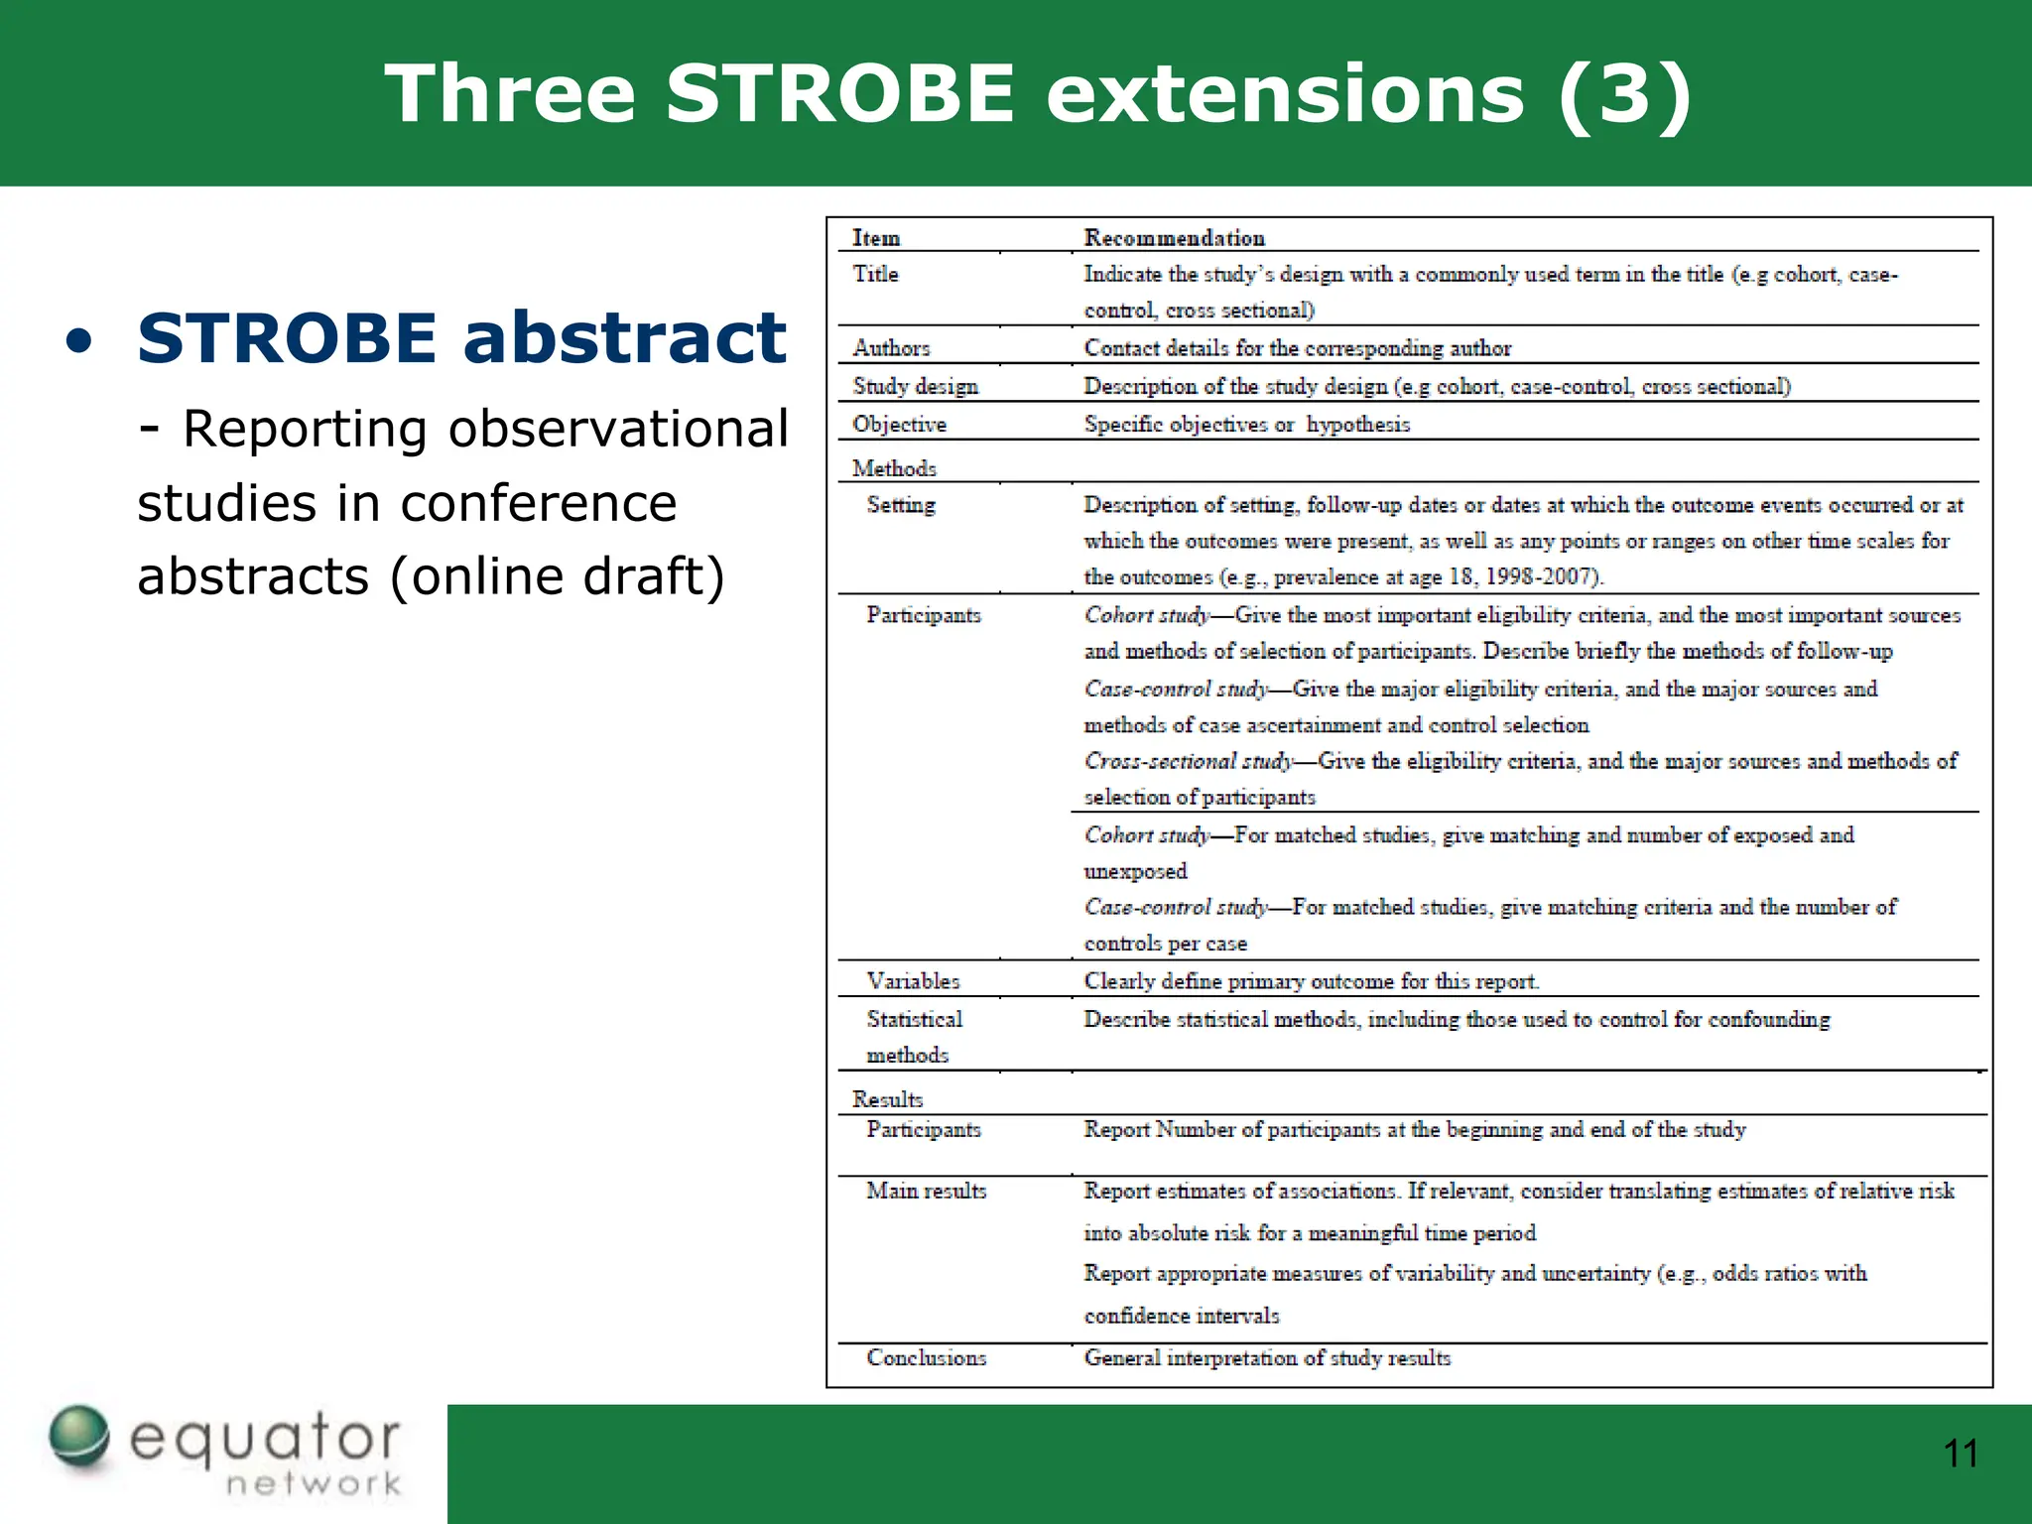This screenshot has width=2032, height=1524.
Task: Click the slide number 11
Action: point(1961,1455)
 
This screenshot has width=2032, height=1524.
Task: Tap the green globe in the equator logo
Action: point(79,1436)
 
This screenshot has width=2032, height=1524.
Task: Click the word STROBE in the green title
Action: point(840,94)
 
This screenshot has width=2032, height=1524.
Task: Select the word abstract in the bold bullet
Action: point(625,337)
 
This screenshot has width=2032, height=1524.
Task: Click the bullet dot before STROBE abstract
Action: point(80,343)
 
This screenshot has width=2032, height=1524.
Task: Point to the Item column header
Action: point(876,238)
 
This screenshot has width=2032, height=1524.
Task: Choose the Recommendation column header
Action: point(1174,238)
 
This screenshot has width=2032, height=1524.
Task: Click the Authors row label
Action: point(891,348)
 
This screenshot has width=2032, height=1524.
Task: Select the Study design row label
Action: point(915,386)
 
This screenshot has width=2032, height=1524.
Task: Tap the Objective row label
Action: point(899,425)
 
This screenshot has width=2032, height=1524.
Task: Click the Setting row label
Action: point(901,505)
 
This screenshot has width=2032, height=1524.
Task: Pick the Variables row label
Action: point(913,981)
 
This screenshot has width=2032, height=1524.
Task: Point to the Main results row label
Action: point(926,1191)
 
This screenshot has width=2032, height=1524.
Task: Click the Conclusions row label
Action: point(926,1358)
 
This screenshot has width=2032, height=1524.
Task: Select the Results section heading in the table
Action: point(887,1099)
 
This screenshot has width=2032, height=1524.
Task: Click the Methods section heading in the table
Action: point(894,468)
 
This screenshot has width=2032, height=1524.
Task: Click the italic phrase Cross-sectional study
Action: point(1188,761)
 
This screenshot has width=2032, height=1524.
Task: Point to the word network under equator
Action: point(314,1484)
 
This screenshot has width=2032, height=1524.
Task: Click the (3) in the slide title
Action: point(1624,94)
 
